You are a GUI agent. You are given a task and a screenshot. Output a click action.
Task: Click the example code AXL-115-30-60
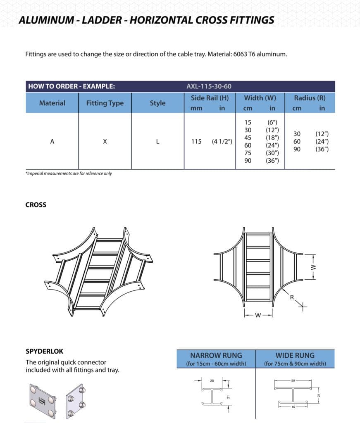click(209, 86)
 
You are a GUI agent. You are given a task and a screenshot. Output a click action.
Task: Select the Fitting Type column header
click(105, 103)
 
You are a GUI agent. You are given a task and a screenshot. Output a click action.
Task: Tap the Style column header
click(157, 103)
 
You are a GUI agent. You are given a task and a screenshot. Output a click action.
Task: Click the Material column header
click(52, 103)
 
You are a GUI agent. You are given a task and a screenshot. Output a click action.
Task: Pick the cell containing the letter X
click(105, 142)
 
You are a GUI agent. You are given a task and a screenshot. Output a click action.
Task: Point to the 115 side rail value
click(196, 142)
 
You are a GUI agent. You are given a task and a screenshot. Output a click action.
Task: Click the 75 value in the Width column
click(248, 153)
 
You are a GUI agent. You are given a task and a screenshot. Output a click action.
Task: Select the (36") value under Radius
click(322, 149)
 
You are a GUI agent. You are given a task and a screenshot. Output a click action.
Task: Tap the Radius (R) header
click(310, 98)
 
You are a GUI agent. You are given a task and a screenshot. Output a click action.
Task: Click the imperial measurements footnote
click(69, 173)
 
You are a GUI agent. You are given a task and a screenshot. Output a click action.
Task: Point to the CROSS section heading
click(36, 205)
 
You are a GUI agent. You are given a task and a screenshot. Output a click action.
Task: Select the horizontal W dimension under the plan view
click(258, 316)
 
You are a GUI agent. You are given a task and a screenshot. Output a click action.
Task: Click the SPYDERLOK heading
click(45, 352)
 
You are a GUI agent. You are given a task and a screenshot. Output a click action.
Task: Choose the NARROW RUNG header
click(216, 355)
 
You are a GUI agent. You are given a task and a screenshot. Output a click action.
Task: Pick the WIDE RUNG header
click(295, 355)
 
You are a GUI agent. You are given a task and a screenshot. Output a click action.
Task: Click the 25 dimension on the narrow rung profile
click(211, 380)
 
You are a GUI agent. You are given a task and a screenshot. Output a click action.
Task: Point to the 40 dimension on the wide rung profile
click(293, 407)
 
